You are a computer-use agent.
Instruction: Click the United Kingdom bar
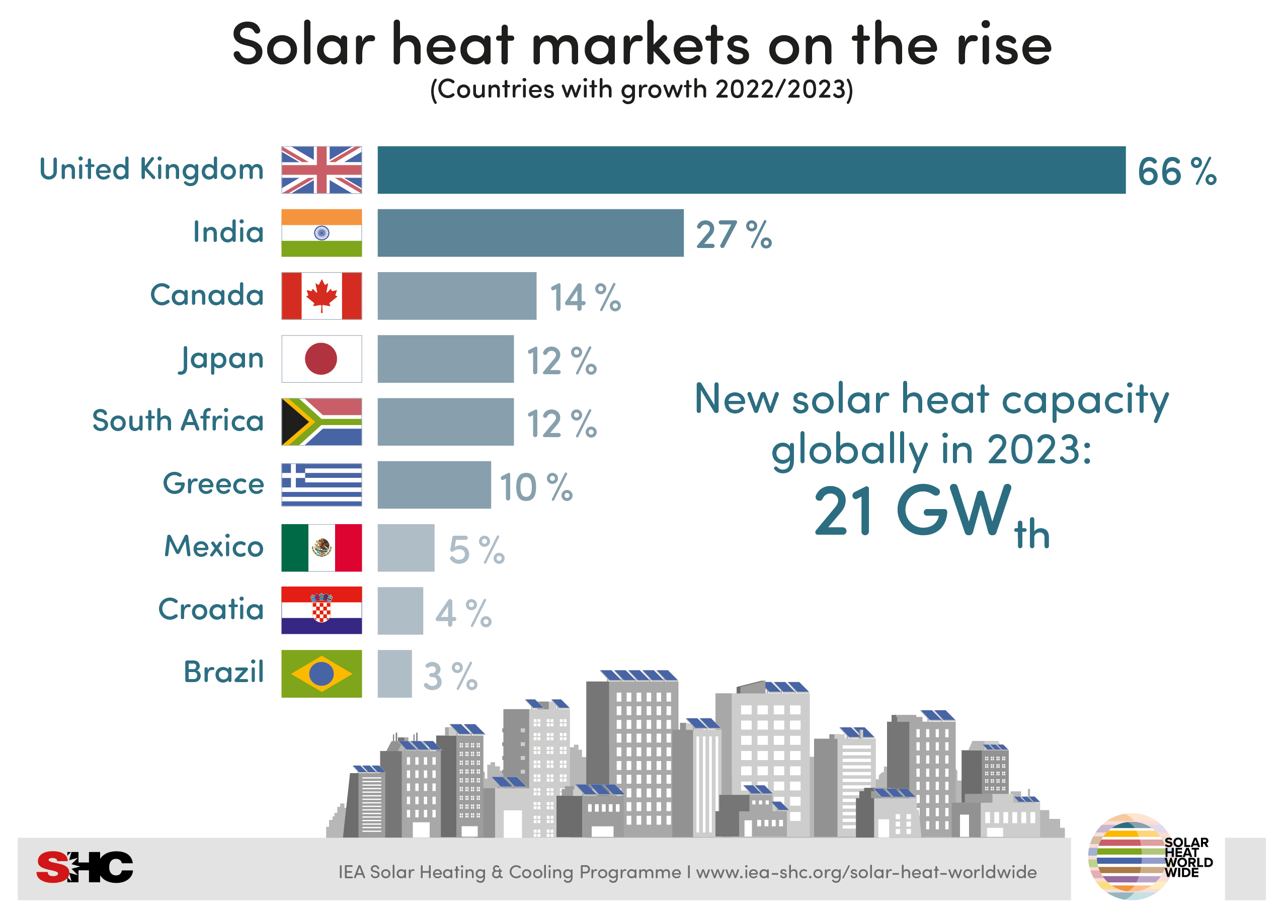[x=751, y=170]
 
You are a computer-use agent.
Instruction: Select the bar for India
[x=530, y=233]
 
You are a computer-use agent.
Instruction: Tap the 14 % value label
[x=585, y=297]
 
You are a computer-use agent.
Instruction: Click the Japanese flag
[x=321, y=359]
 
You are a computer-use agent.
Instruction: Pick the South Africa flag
[x=321, y=422]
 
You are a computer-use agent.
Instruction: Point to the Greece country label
[x=213, y=484]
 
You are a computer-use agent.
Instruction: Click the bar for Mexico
[x=406, y=548]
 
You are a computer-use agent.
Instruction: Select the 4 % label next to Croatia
[x=463, y=613]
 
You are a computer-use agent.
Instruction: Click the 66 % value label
[x=1176, y=172]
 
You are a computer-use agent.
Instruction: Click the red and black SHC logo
[x=85, y=867]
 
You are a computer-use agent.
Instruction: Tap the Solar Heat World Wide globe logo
[x=1131, y=857]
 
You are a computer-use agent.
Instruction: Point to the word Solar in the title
[x=303, y=45]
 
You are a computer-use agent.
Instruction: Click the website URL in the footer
[x=866, y=872]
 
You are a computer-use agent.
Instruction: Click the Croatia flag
[x=321, y=611]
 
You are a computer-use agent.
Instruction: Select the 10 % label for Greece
[x=535, y=487]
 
